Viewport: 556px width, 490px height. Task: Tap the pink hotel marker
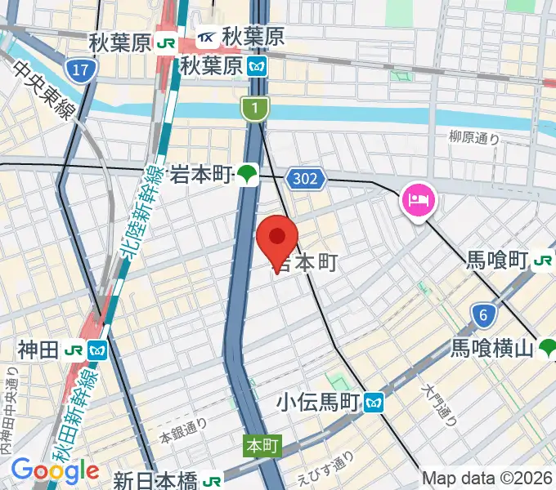[419, 200]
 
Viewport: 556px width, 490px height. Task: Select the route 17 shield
[79, 71]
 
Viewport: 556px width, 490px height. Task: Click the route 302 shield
[307, 176]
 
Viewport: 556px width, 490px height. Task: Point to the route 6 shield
[484, 313]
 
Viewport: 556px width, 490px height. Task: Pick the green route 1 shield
[255, 107]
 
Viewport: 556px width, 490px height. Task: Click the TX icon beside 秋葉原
[208, 38]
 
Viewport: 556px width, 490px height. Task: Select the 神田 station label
[38, 350]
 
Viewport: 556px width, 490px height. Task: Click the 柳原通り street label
[474, 138]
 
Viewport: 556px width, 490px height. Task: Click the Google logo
[55, 471]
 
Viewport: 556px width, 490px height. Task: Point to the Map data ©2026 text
[488, 479]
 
